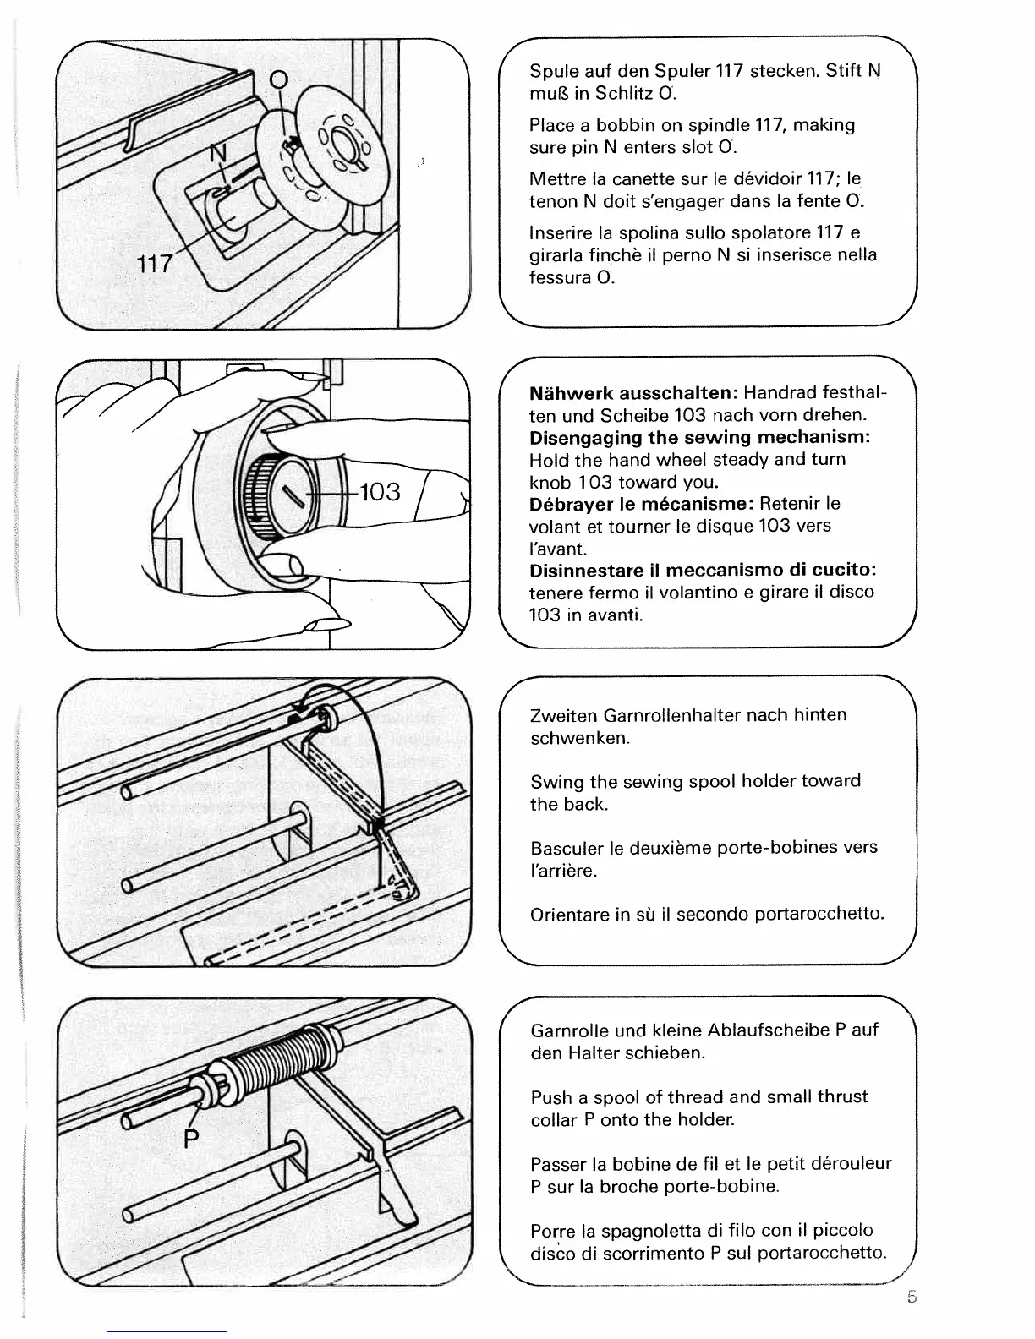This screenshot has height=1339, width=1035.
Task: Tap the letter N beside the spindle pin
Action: [218, 155]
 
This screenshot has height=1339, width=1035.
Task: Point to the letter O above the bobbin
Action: [279, 80]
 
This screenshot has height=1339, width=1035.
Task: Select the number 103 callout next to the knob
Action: [380, 492]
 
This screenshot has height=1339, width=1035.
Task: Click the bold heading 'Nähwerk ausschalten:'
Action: [634, 394]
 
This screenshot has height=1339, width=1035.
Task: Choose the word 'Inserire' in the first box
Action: [561, 232]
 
